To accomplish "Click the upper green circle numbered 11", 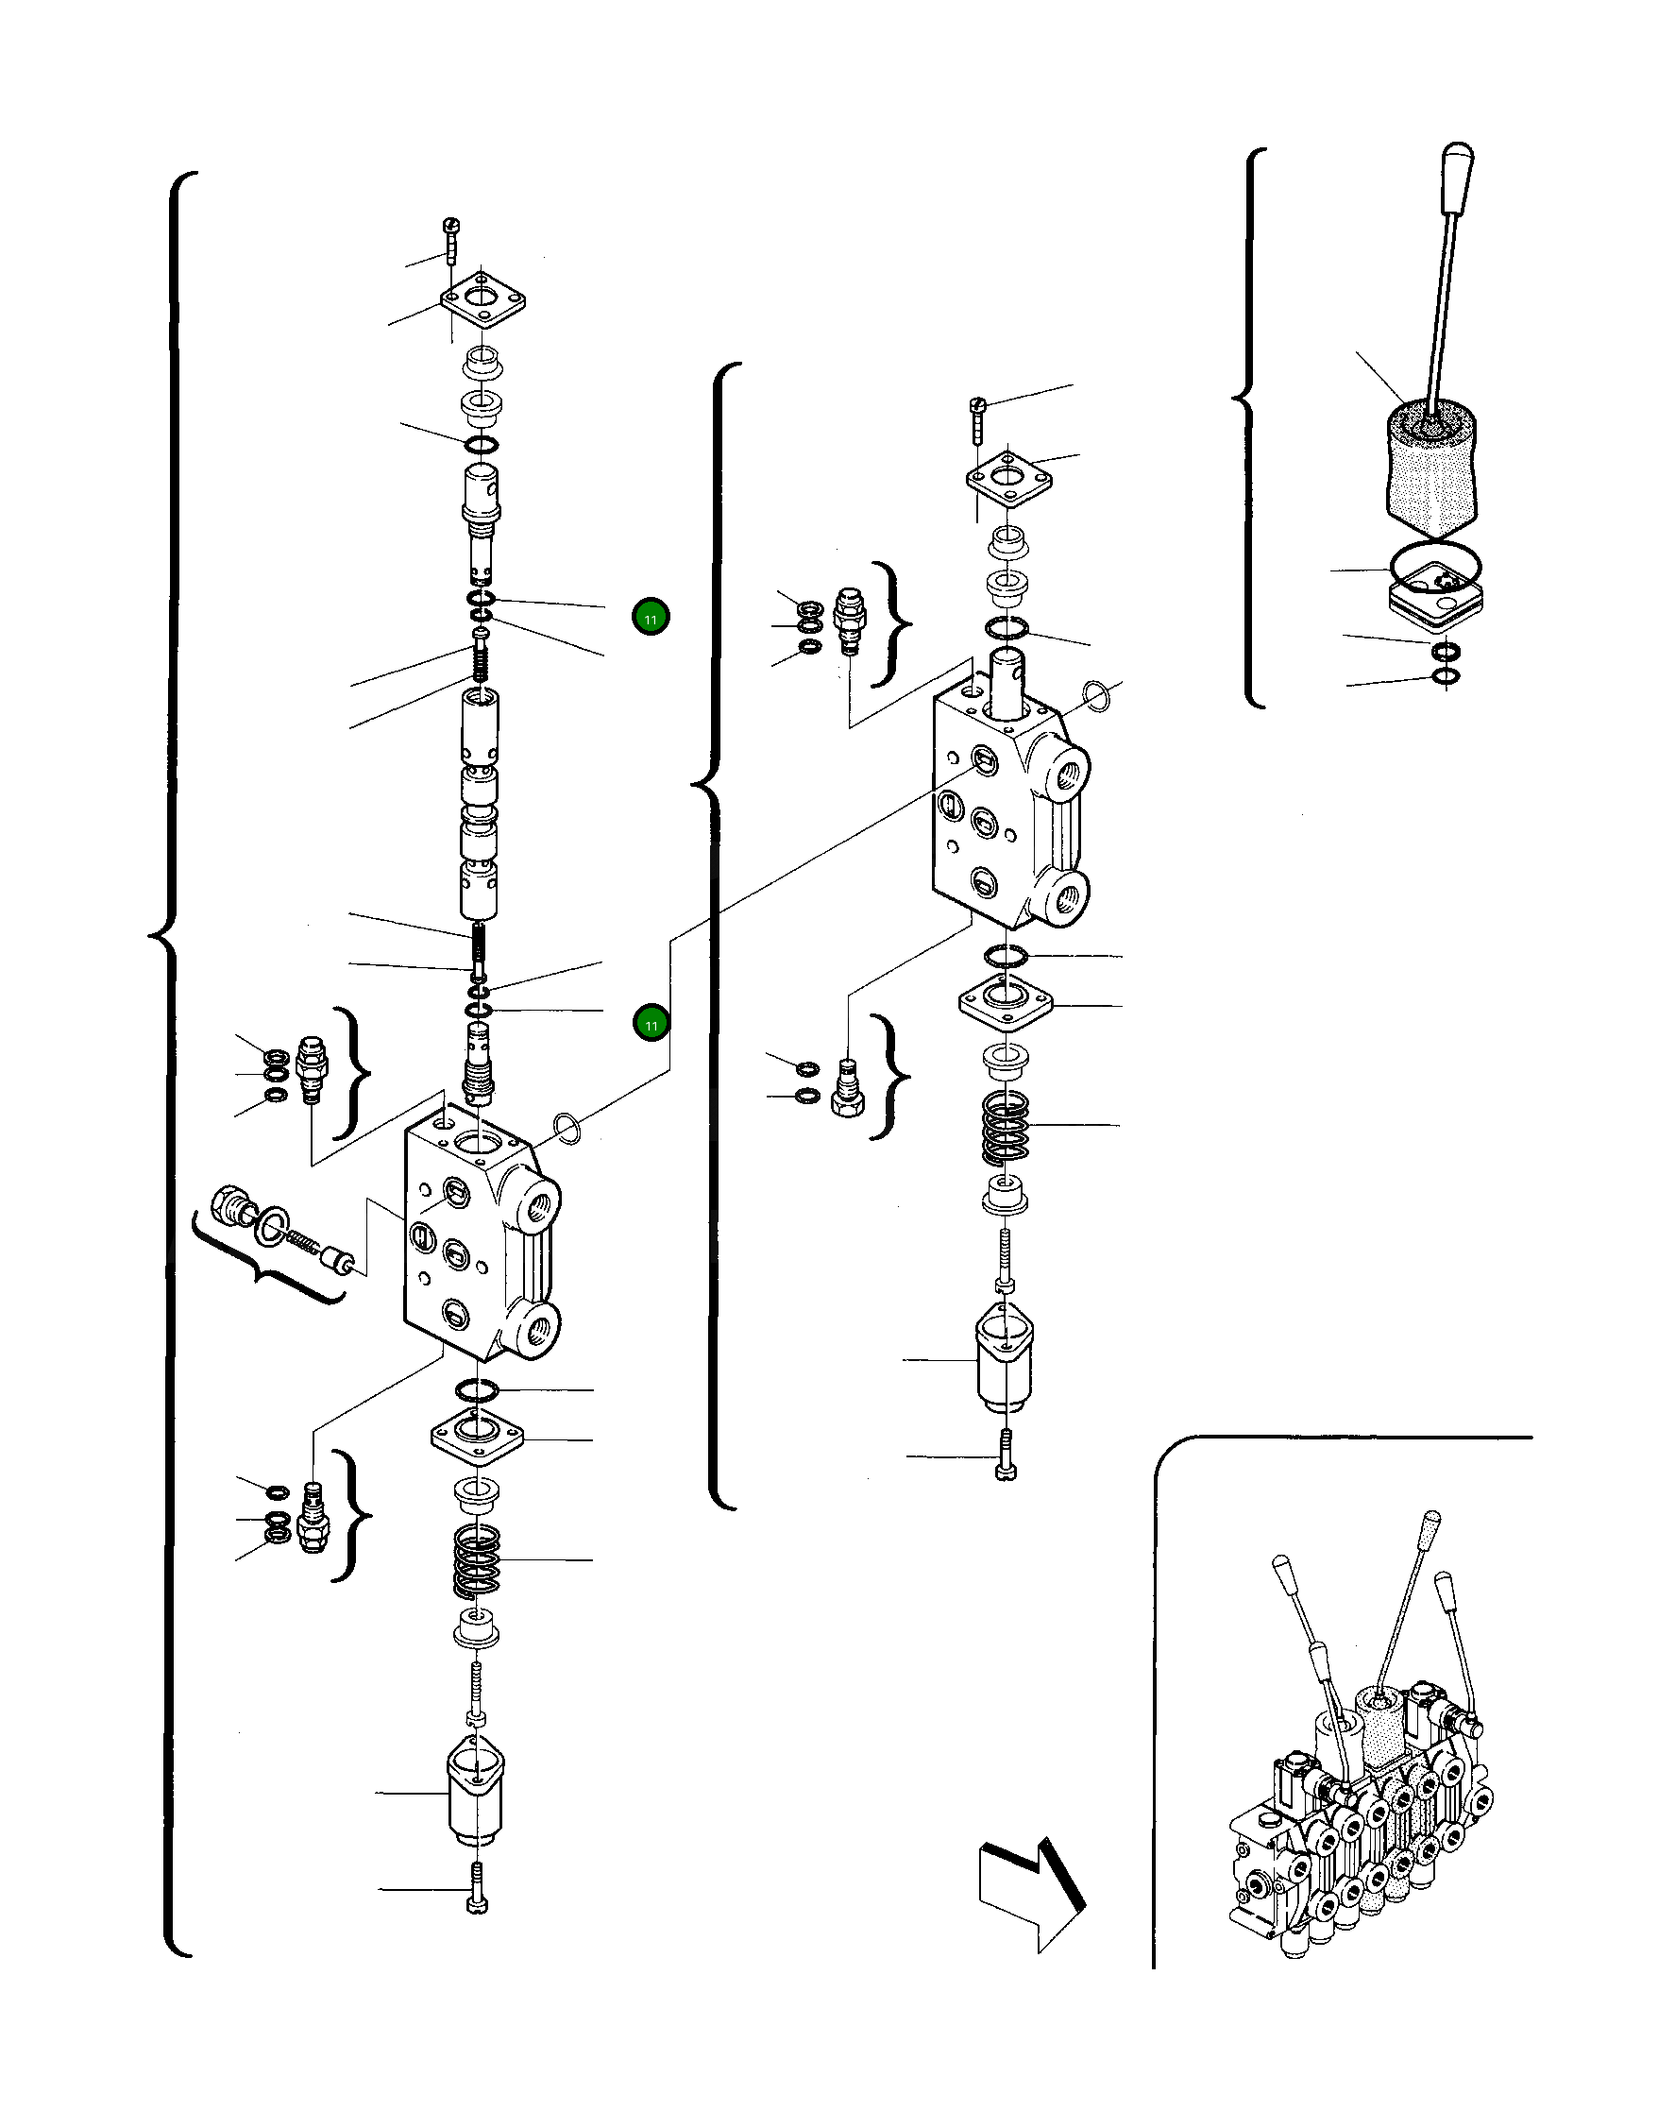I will pos(650,617).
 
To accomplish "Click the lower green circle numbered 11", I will pos(651,1023).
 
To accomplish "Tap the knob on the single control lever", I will pos(1457,179).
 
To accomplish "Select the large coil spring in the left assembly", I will pos(477,1558).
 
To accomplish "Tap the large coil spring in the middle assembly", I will pos(1006,1126).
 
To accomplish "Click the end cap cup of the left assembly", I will pos(476,1791).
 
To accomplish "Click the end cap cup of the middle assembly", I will pos(1005,1360).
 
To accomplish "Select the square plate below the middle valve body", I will pos(1006,1004).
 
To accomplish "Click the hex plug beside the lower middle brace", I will pos(848,1090).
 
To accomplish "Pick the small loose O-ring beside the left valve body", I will pos(567,1128).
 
